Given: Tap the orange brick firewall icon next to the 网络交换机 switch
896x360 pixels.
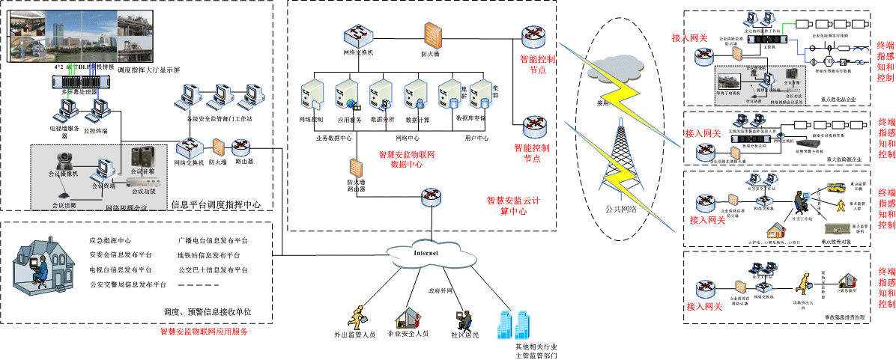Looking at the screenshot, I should coord(433,34).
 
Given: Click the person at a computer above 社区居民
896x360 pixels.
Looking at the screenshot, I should coord(459,317).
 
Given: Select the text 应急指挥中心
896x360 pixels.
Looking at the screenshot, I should coord(110,241).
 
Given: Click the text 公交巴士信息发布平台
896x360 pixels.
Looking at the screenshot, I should coord(213,269).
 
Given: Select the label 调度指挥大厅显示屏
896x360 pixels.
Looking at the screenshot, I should coord(149,70).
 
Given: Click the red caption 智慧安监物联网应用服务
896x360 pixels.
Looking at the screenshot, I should coord(204,331).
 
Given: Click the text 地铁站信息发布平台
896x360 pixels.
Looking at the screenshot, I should coord(209,255).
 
